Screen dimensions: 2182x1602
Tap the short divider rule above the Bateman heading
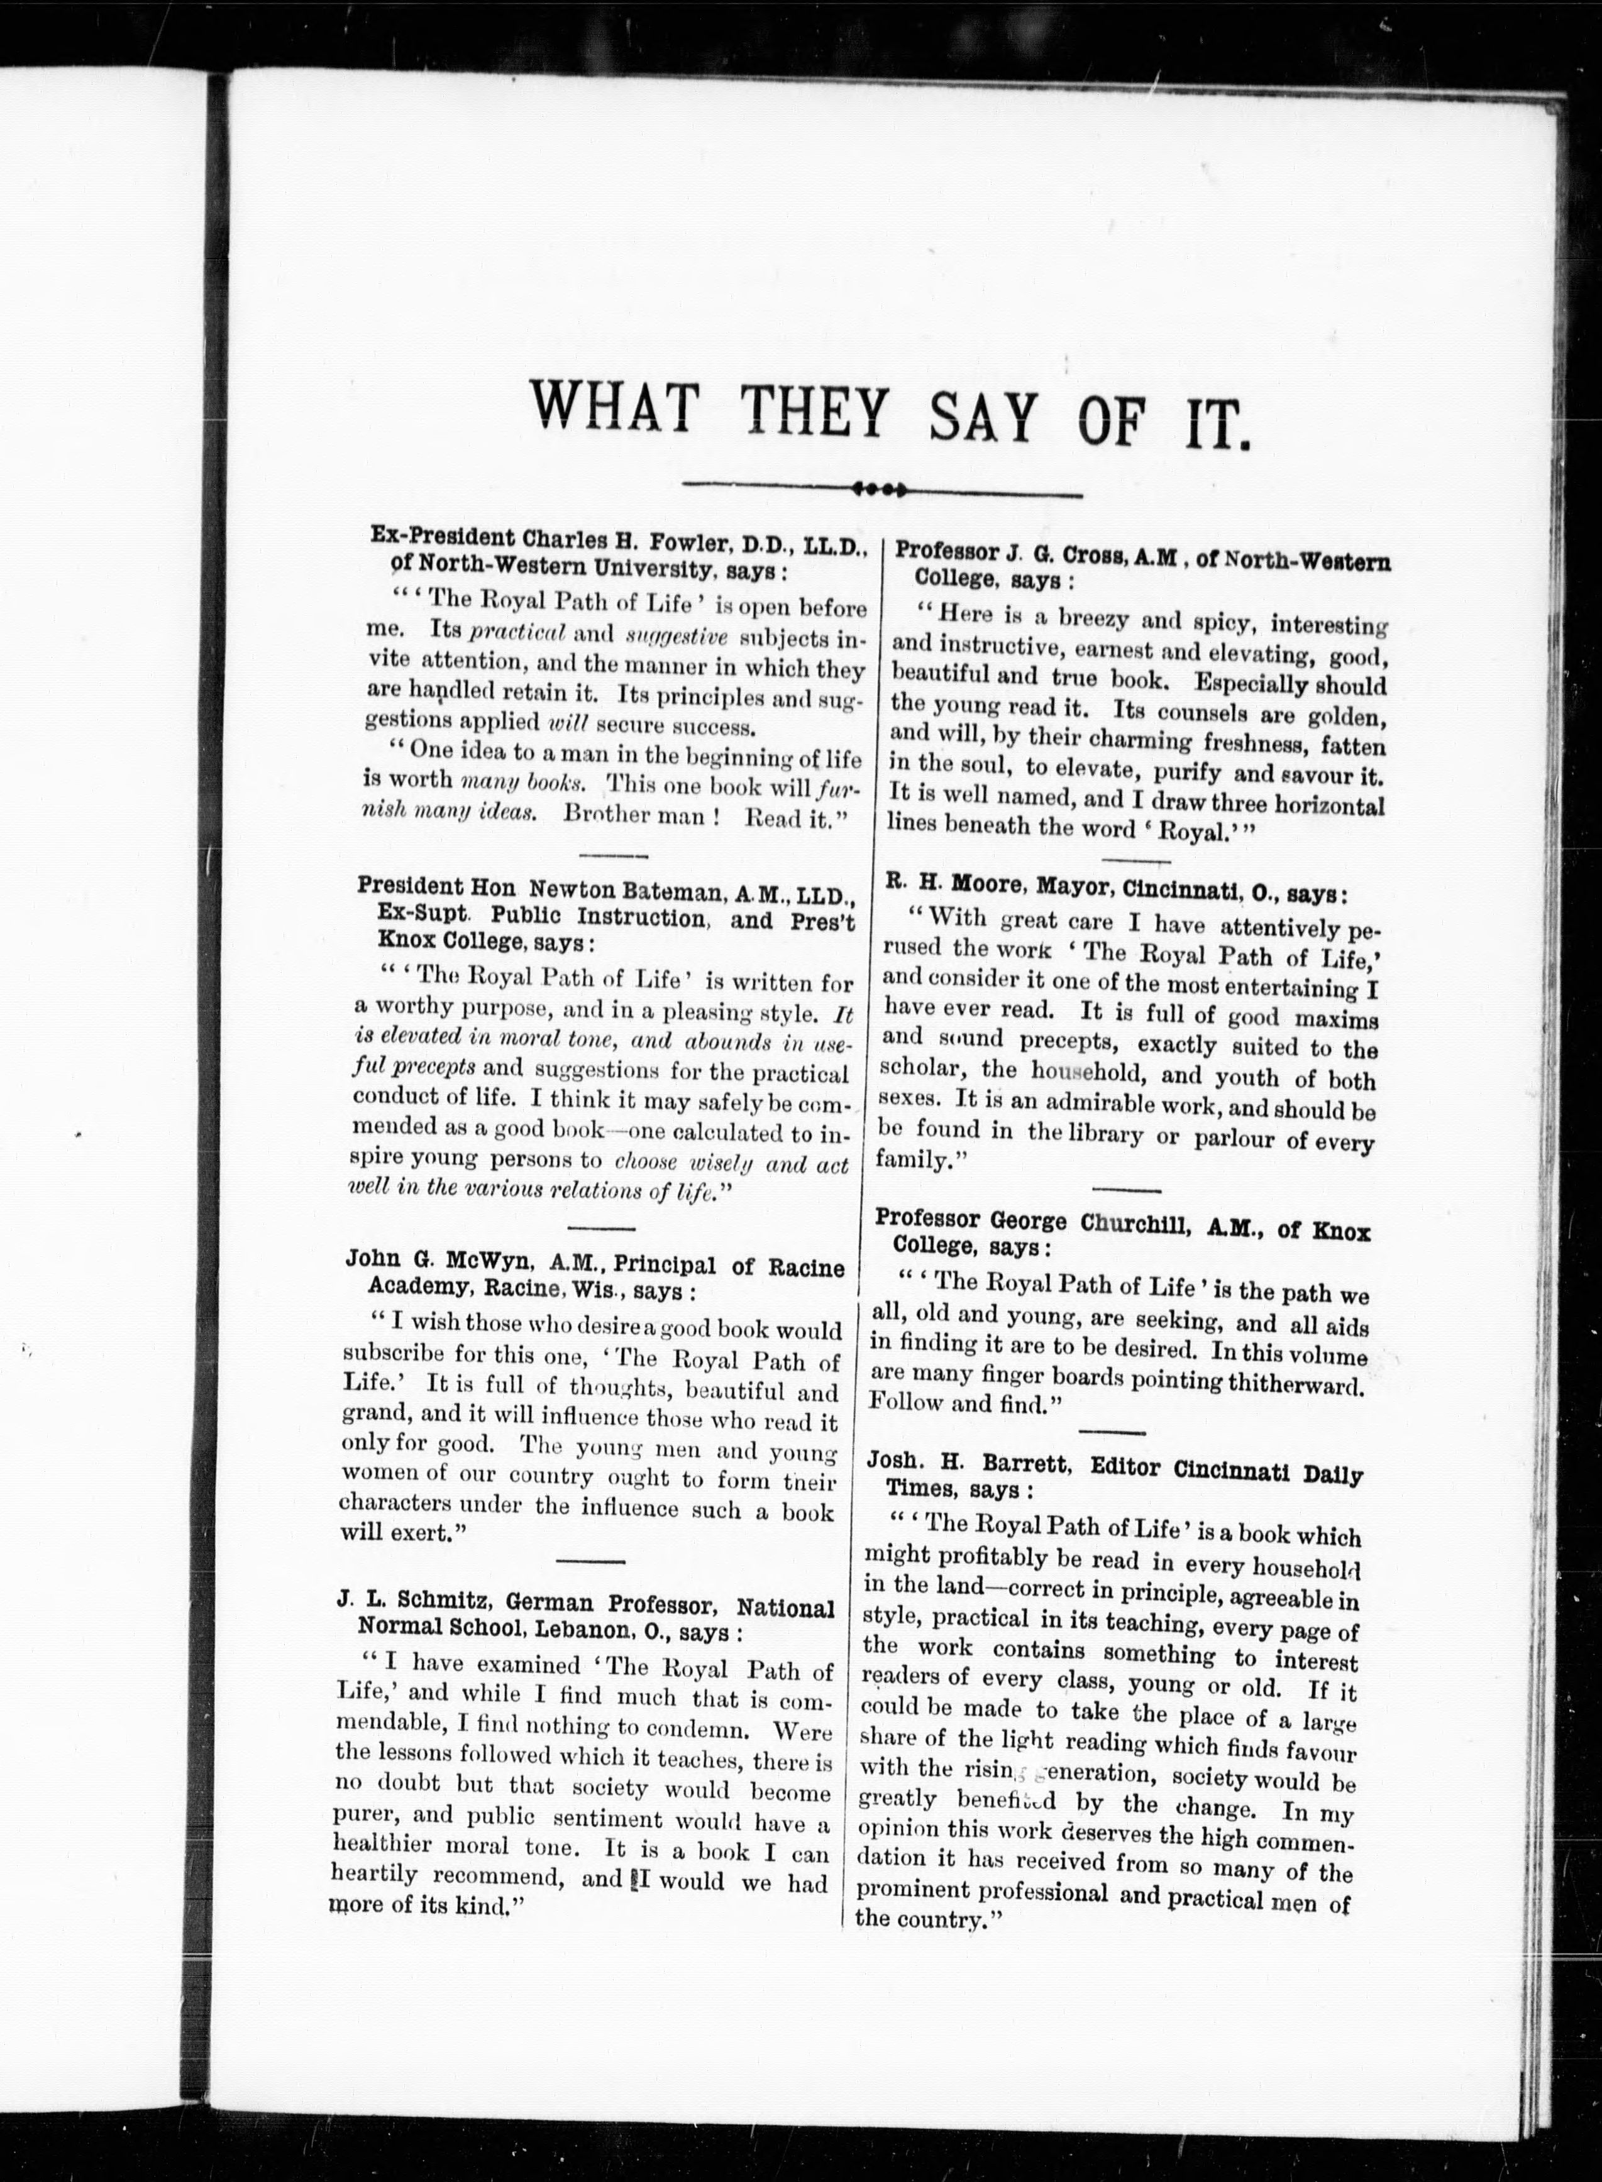click(612, 856)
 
